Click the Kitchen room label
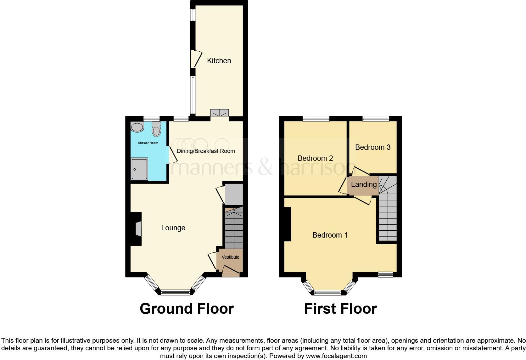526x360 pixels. point(219,61)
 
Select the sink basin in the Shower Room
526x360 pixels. point(137,127)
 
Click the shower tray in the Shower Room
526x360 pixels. point(139,169)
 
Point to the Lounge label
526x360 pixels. point(173,228)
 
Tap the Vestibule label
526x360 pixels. point(230,257)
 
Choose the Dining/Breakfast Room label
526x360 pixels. point(206,151)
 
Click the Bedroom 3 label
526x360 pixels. point(373,147)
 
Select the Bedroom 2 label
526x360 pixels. point(315,158)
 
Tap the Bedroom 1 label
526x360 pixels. point(330,235)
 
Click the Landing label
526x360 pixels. point(364,185)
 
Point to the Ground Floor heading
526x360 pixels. point(187,309)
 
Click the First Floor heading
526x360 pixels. point(340,309)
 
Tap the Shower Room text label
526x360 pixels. point(148,143)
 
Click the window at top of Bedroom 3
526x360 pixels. point(376,119)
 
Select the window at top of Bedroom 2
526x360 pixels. point(316,119)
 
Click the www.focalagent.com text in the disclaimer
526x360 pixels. point(336,356)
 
